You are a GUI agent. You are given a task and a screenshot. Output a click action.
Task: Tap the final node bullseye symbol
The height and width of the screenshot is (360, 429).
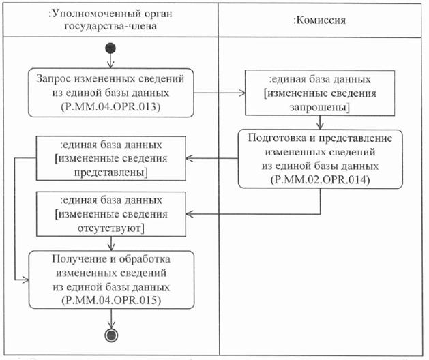(x=110, y=334)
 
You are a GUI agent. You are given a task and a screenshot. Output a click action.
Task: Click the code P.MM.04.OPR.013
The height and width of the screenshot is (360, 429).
(x=110, y=107)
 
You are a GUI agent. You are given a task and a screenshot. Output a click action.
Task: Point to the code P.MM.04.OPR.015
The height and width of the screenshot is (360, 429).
(x=110, y=299)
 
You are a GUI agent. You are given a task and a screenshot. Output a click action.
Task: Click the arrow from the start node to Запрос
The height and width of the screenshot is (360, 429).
(x=110, y=59)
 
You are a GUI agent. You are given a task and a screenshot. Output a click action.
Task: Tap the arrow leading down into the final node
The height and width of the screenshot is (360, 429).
(x=110, y=319)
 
